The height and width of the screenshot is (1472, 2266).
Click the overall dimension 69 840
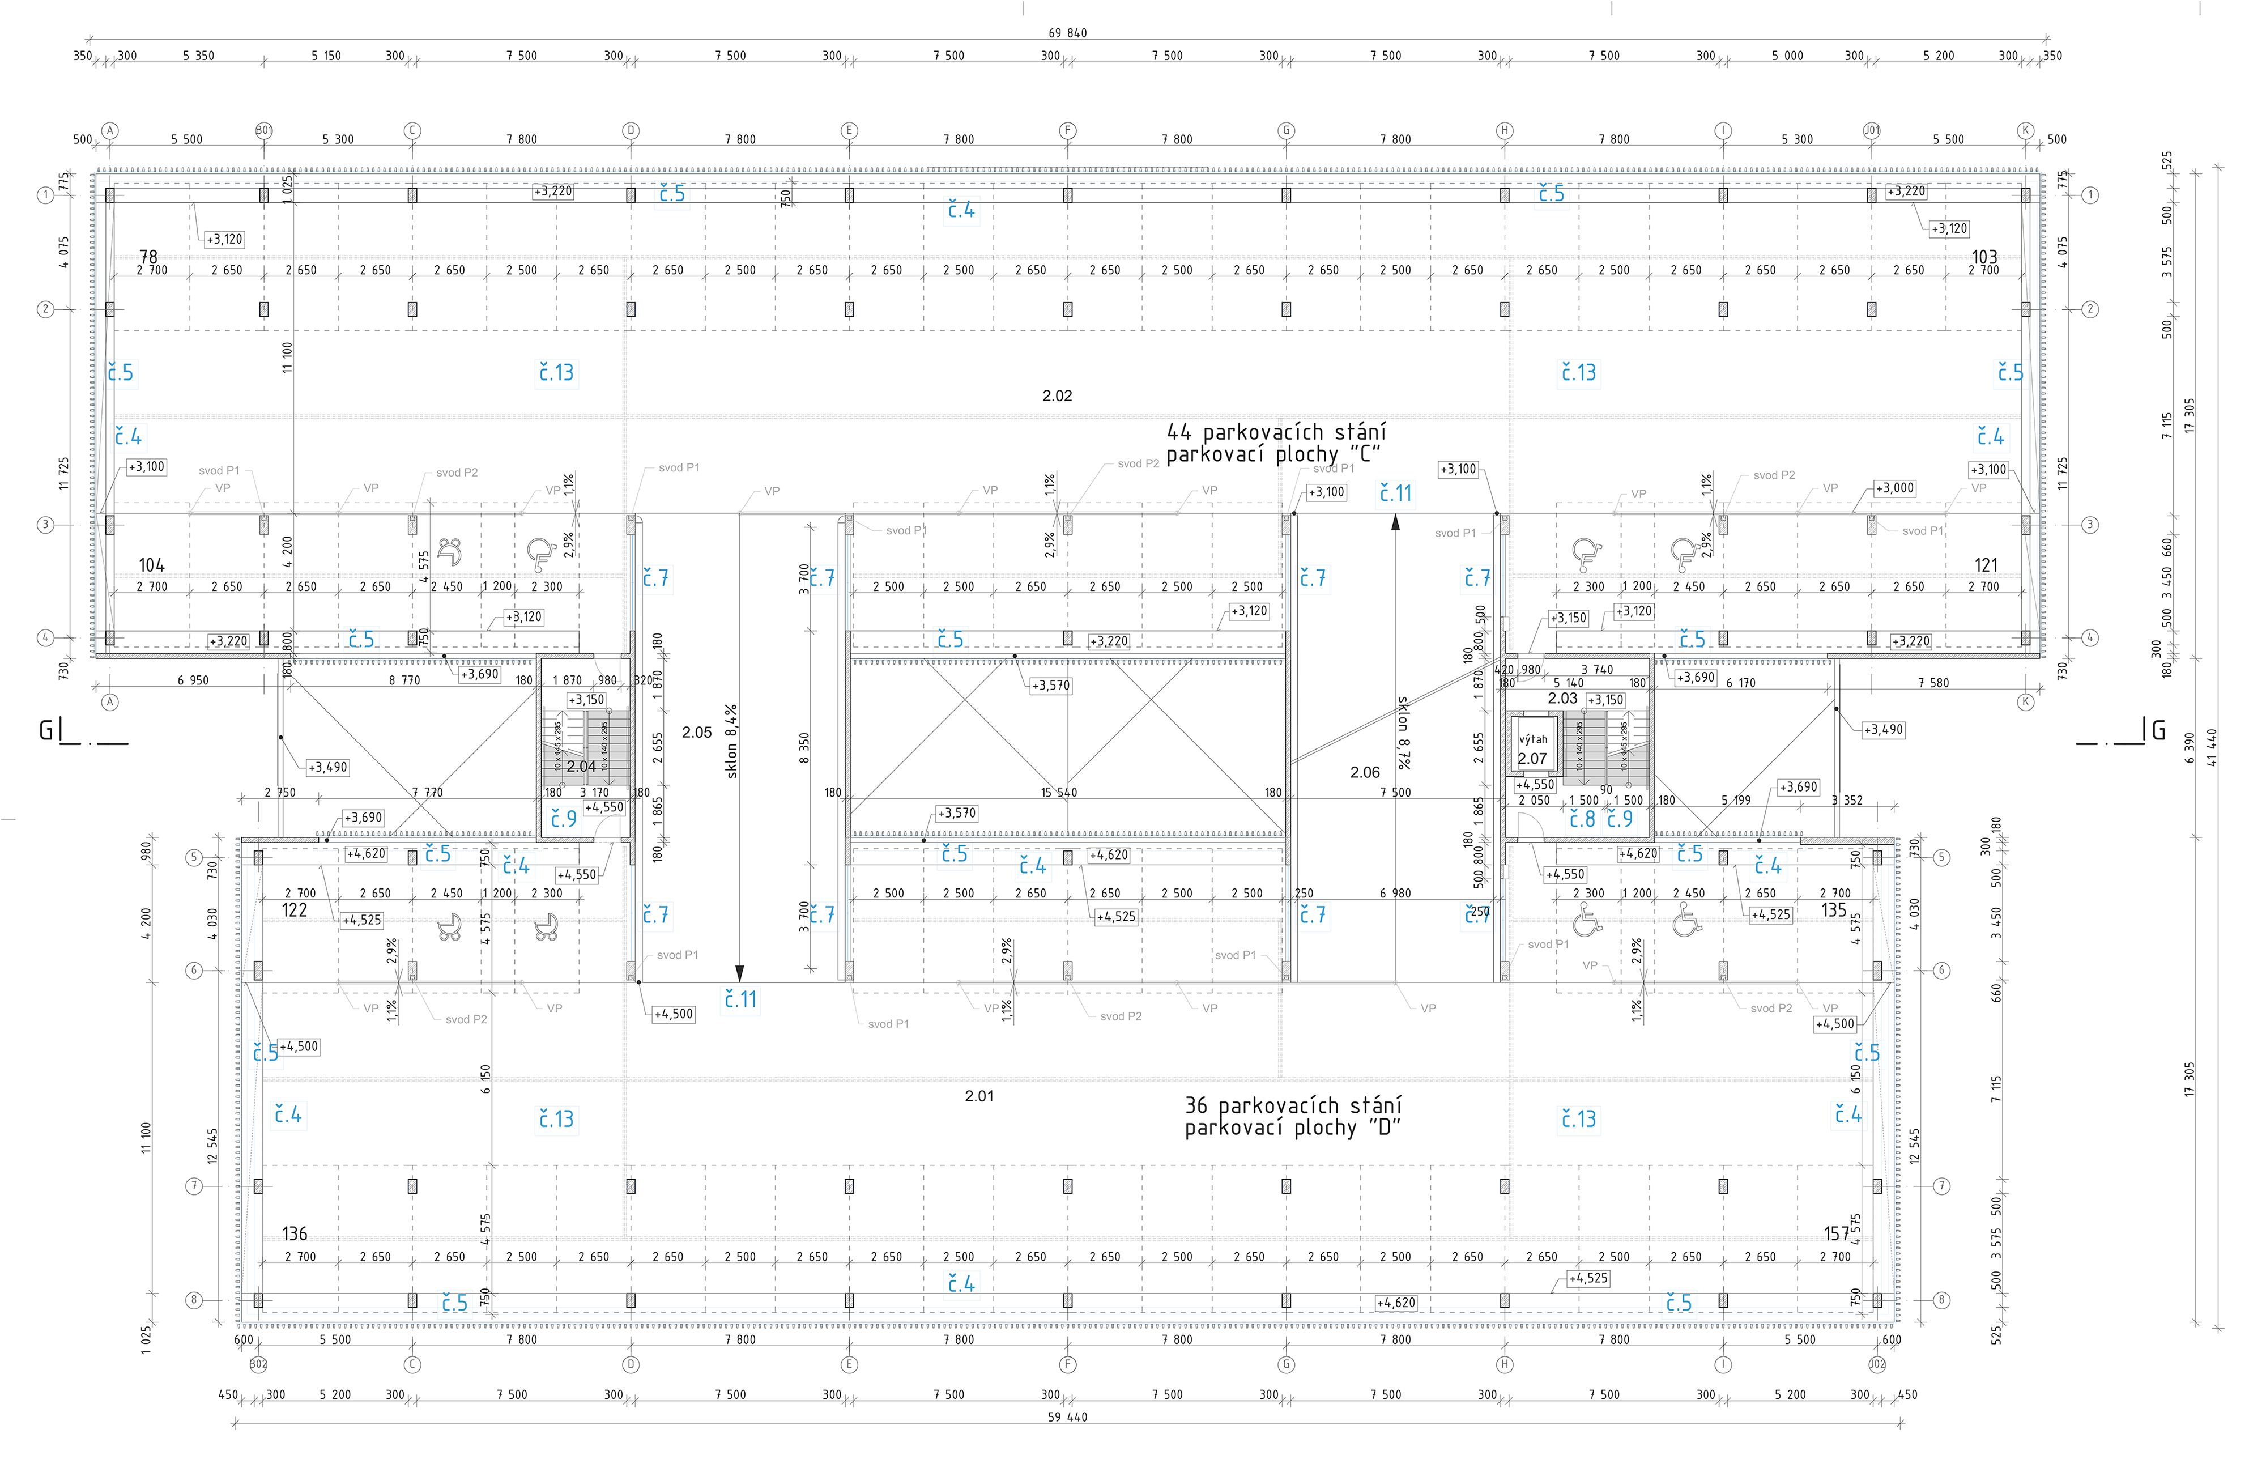coord(1067,32)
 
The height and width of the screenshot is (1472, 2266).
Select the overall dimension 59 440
coord(1067,1417)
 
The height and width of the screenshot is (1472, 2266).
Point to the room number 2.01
coord(979,1096)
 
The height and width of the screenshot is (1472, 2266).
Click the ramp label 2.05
coord(697,732)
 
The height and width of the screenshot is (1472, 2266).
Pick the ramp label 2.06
coord(1364,772)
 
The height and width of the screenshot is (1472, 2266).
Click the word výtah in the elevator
coord(1533,739)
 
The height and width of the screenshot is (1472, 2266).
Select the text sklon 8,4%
coord(731,742)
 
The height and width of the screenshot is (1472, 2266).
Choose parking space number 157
coord(1835,1233)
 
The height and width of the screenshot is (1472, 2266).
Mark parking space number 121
coord(1986,565)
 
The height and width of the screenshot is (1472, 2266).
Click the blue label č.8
coord(1582,819)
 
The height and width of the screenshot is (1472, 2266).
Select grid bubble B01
coord(264,130)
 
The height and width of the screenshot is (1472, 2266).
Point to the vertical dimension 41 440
coord(2212,747)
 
